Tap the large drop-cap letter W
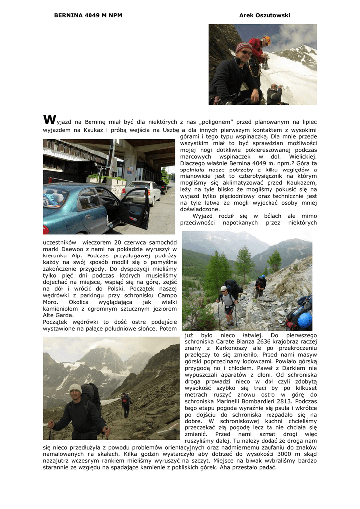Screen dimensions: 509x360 (49, 119)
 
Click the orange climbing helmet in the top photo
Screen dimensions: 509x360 (267, 40)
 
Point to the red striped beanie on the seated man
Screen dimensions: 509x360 (243, 48)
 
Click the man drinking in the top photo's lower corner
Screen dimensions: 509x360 (273, 93)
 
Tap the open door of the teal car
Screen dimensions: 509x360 (135, 208)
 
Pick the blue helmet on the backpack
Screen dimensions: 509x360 (304, 320)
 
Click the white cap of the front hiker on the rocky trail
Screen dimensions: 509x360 (224, 288)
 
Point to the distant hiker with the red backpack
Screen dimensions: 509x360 (125, 400)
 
